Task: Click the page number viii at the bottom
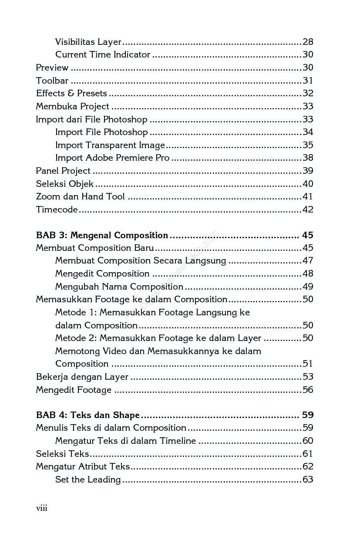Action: tap(41, 508)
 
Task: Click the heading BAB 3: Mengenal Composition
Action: tap(102, 235)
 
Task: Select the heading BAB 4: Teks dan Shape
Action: tap(87, 415)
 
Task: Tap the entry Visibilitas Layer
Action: tap(88, 42)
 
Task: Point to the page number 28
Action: tap(308, 42)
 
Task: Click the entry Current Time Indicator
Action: tap(102, 54)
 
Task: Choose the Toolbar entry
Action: tap(52, 81)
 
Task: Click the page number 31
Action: tap(308, 81)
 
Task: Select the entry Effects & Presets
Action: tap(71, 93)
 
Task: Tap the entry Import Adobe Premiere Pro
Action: tap(112, 158)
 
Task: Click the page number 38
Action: tap(308, 158)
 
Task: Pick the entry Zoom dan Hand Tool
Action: tap(80, 196)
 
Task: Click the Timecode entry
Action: tap(57, 209)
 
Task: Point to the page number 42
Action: tap(308, 209)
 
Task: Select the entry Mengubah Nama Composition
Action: tap(119, 287)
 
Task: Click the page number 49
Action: tap(308, 287)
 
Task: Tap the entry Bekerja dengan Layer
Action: tap(82, 377)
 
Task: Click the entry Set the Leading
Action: tap(88, 479)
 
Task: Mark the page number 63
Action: tap(308, 479)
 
